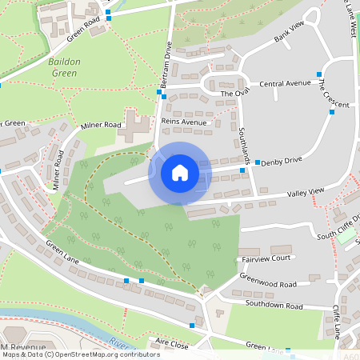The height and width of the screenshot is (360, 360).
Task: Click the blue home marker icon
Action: [x=180, y=173]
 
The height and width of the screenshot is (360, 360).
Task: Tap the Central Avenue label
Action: [x=285, y=83]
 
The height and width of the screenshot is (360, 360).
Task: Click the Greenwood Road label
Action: [x=267, y=284]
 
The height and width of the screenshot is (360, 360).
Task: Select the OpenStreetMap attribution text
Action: [x=80, y=354]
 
